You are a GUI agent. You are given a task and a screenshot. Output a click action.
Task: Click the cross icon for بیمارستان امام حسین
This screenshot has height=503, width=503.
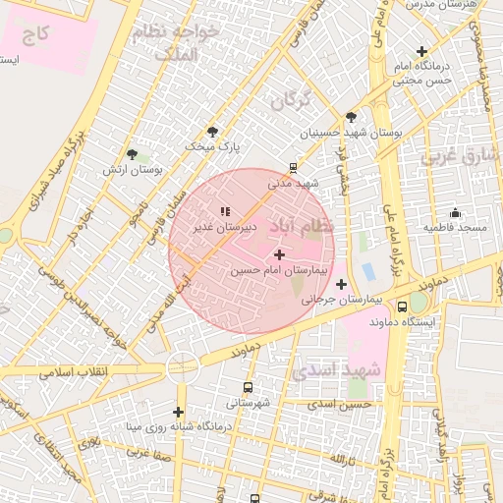click(x=280, y=254)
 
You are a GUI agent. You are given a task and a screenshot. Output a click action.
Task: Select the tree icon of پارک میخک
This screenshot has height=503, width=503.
click(x=212, y=132)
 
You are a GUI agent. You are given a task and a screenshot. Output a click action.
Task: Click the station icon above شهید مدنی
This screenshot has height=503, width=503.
click(x=293, y=167)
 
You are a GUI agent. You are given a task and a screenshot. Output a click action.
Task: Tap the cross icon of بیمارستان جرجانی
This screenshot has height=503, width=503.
click(x=341, y=284)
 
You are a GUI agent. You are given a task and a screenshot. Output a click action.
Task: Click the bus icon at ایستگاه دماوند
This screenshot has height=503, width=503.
click(x=402, y=307)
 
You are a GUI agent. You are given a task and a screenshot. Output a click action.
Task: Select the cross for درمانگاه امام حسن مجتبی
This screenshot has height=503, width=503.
click(x=422, y=51)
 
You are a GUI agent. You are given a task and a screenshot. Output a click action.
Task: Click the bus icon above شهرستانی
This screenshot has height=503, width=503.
click(x=247, y=387)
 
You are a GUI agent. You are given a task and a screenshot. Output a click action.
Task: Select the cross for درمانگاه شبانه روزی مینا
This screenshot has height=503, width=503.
click(x=178, y=412)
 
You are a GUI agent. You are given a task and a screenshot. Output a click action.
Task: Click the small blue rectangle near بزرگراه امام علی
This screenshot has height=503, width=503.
click(x=368, y=270)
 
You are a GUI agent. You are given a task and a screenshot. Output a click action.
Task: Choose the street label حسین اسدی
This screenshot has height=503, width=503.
click(x=340, y=404)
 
